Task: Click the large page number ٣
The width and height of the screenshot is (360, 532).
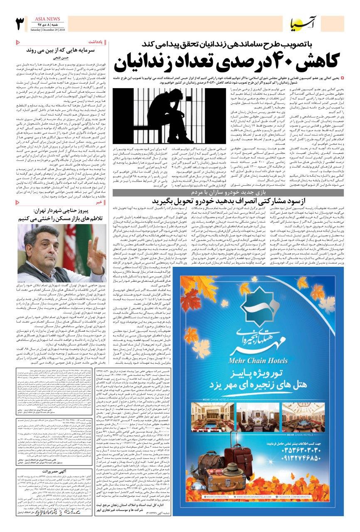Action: (19, 25)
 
